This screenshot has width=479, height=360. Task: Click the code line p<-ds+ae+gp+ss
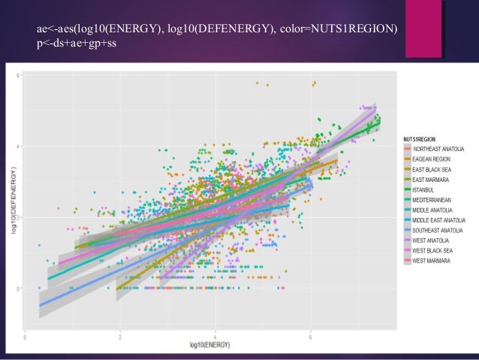click(x=77, y=43)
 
